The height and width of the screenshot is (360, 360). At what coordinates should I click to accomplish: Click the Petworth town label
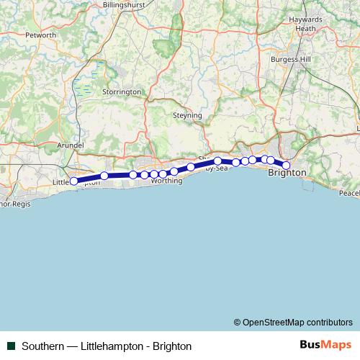click(40, 35)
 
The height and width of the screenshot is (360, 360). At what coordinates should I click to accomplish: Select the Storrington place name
click(122, 92)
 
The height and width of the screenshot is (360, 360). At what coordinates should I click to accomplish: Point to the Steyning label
click(188, 115)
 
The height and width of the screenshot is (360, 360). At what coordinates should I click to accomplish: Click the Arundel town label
click(71, 145)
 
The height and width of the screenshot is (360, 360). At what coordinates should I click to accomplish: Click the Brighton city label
click(287, 174)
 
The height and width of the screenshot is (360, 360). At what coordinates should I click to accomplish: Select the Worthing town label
click(167, 181)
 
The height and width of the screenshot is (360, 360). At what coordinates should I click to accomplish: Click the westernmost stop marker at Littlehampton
click(73, 181)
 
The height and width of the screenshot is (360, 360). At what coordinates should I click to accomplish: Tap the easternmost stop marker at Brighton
click(286, 166)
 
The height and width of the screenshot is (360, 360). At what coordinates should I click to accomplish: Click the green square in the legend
click(11, 346)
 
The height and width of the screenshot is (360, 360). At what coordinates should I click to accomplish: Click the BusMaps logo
click(325, 345)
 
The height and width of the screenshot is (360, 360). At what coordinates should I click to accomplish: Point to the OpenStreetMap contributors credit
click(293, 322)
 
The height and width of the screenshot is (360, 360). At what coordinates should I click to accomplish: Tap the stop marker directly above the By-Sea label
click(217, 161)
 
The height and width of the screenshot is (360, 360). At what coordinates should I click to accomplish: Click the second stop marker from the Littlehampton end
click(104, 176)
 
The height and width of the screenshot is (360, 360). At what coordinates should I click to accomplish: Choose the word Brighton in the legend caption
click(171, 346)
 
